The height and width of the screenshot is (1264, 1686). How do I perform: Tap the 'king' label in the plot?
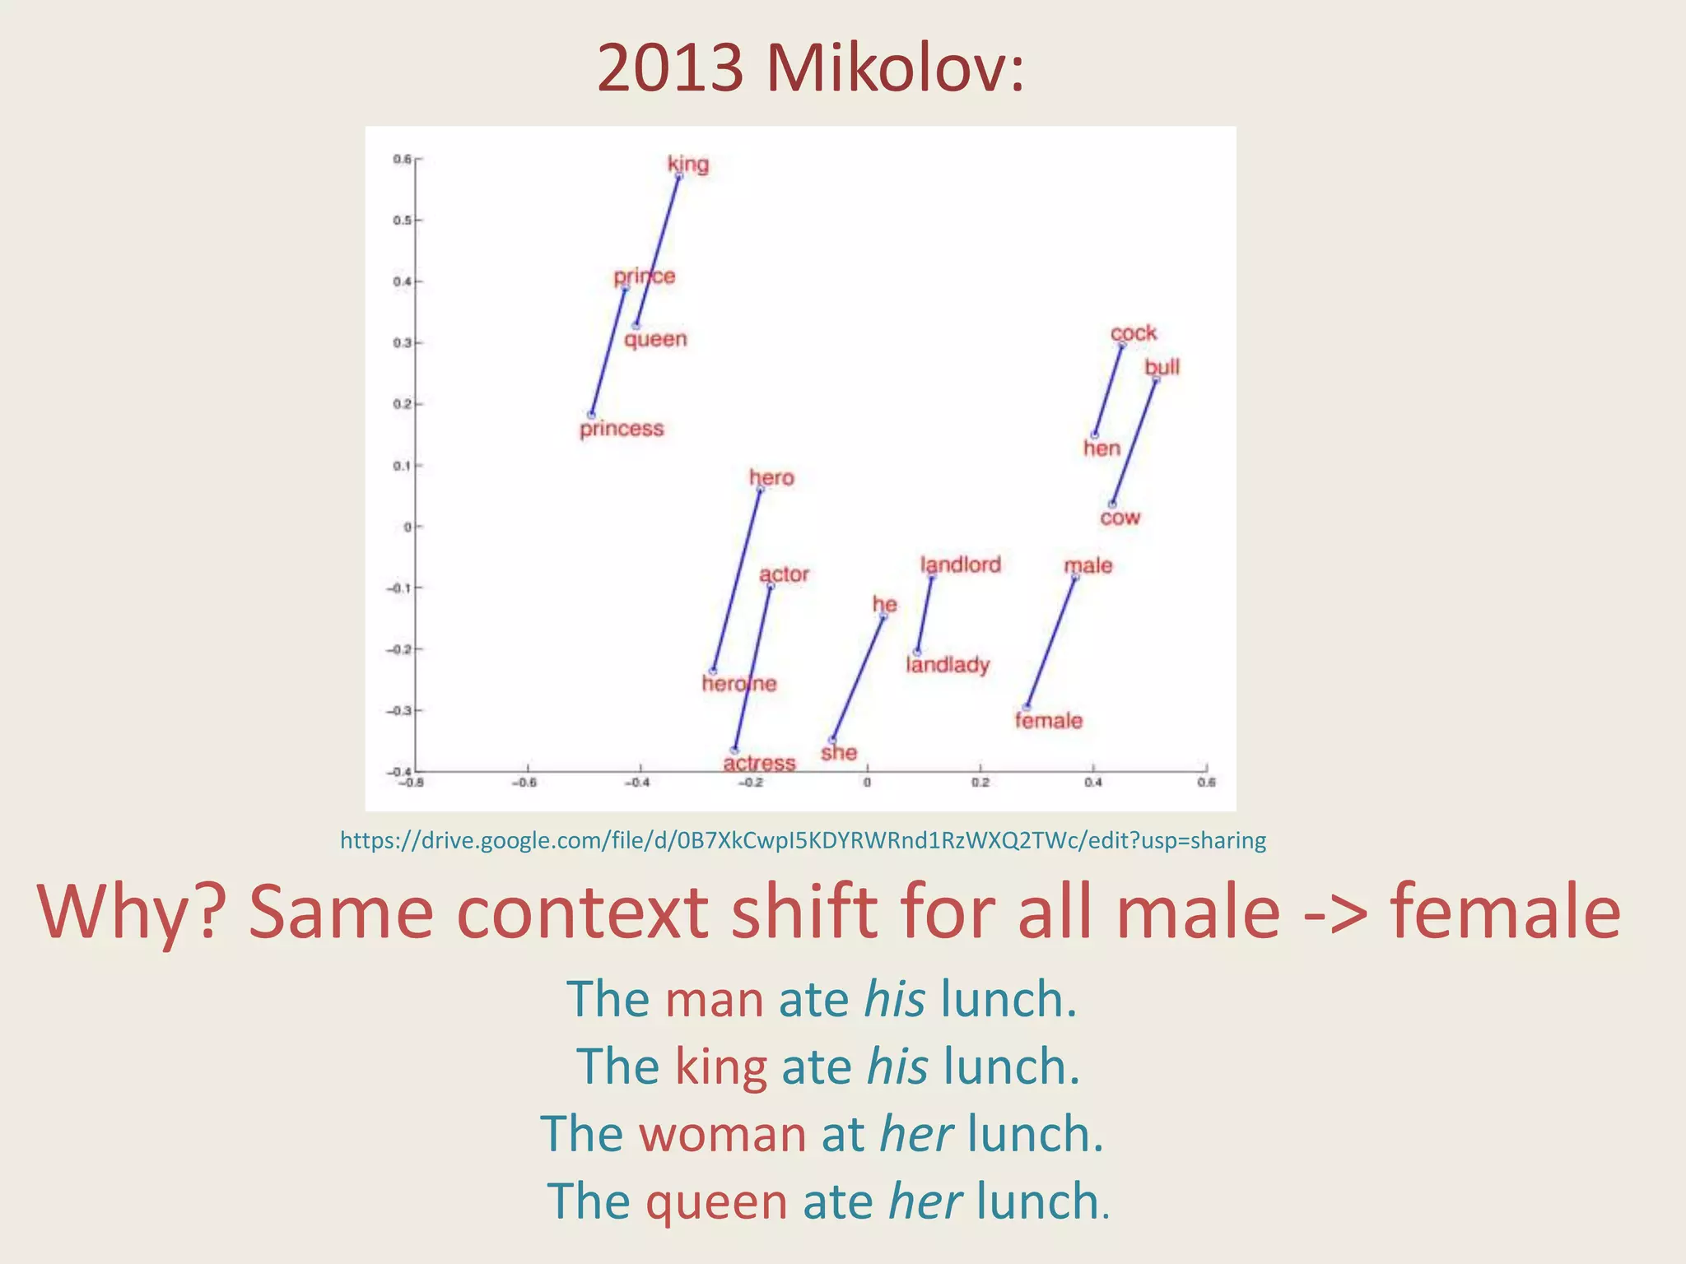point(688,164)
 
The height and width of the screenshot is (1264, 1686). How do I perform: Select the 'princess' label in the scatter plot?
point(622,429)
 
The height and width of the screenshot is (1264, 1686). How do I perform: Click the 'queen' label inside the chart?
point(655,339)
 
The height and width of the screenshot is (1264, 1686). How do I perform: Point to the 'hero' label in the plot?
point(771,477)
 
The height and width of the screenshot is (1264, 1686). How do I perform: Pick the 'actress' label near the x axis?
point(759,763)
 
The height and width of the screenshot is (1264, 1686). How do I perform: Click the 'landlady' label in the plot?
point(948,664)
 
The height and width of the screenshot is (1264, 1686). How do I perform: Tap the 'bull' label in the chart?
point(1162,366)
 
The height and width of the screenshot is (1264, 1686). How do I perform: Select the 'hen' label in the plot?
point(1101,448)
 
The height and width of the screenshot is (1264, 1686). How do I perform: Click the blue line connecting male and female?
point(1050,642)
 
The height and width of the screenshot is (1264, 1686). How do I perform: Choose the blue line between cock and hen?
point(1108,389)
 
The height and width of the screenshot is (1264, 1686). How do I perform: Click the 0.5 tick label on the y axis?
point(402,221)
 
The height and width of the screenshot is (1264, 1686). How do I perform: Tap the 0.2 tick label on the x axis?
point(980,783)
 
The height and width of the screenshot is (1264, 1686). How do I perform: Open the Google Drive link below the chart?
point(803,840)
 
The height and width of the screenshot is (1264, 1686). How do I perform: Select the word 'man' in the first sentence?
point(714,1000)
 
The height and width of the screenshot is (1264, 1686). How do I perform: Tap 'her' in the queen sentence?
point(925,1202)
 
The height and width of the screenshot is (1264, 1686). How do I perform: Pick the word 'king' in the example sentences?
point(720,1067)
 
